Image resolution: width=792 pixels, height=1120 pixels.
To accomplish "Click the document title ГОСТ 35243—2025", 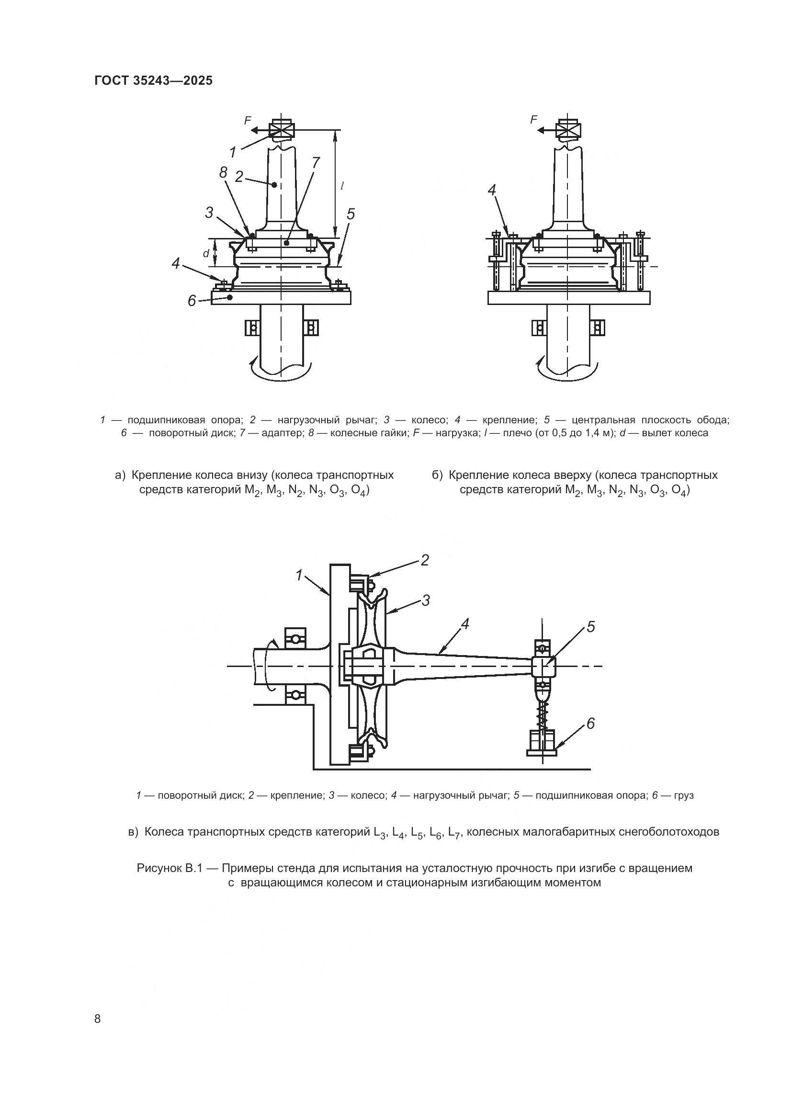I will coord(153,80).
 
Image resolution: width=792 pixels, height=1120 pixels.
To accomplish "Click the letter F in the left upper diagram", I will coord(248,119).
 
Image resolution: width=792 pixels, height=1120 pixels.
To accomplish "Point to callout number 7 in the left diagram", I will coord(316,163).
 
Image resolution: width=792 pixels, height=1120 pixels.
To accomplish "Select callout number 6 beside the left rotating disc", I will coord(192,301).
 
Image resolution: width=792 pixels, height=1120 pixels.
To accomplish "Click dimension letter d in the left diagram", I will coord(206,253).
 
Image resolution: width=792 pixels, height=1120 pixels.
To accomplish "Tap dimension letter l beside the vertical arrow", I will coord(342,185).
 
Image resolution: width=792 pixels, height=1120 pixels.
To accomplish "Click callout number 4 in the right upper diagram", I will coord(492,191).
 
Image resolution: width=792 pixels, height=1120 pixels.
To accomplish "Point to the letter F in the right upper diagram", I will coord(533,119).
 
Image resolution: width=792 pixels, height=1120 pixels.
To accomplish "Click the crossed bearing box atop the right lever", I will coord(569,130).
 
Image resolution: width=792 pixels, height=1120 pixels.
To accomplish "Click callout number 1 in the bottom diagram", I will coord(299,576).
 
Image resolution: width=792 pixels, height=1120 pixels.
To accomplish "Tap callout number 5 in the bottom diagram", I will coord(590,627).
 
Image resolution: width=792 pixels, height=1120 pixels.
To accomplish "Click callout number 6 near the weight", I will coord(590,724).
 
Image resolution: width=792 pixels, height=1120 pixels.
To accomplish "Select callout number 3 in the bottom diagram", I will coord(426,600).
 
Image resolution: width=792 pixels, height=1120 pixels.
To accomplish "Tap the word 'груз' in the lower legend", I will coord(683,796).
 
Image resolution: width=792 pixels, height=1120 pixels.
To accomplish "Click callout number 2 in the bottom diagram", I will coord(425,561).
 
